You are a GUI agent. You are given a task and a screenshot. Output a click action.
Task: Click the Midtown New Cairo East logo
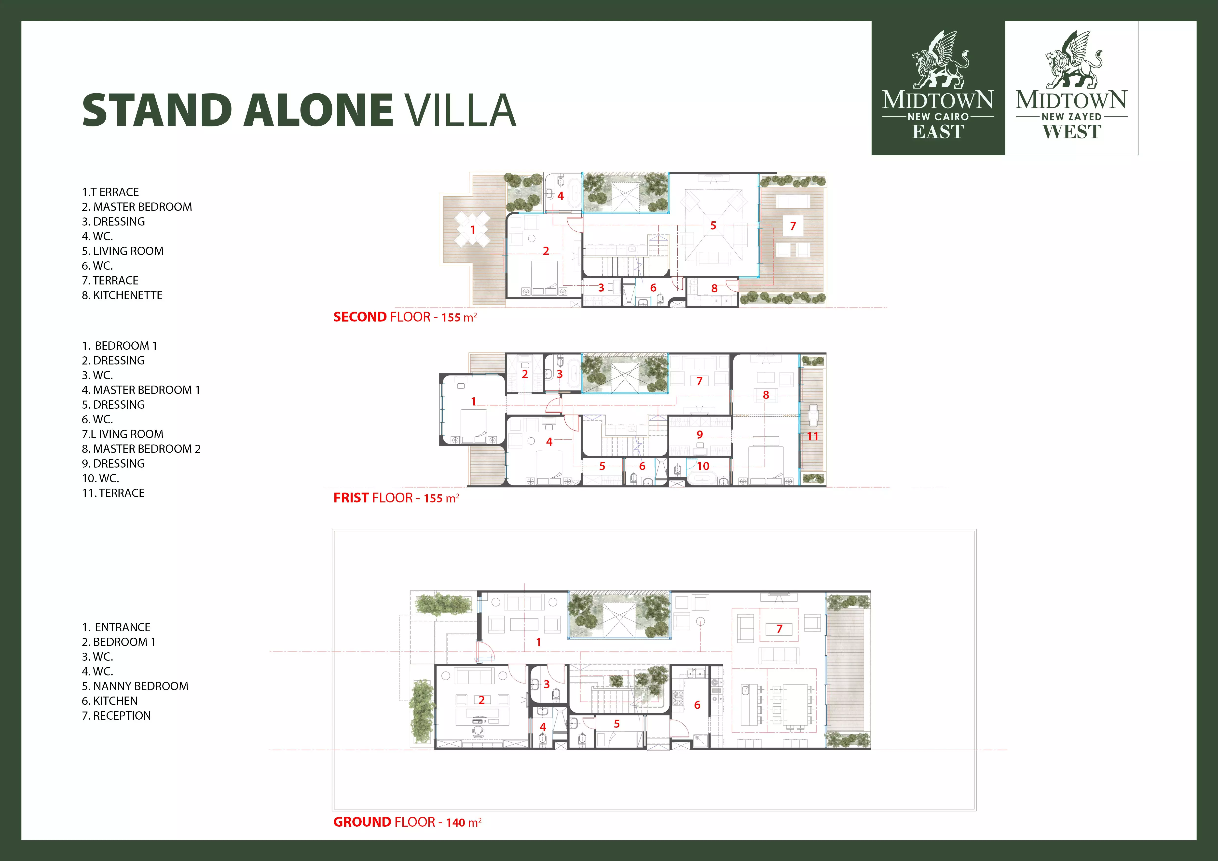pos(938,88)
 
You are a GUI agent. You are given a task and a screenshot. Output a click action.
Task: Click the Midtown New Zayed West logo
pos(1072,88)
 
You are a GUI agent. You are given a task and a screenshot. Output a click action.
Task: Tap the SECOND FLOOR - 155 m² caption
pos(405,317)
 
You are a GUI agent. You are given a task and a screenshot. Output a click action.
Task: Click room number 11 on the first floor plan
pos(812,436)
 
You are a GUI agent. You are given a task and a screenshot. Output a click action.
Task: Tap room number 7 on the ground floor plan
pos(779,629)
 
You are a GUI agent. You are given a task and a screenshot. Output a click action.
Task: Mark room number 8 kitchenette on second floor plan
pos(714,288)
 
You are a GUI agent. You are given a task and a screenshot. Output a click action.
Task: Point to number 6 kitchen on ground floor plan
pos(697,705)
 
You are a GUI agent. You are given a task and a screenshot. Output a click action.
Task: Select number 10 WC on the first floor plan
pos(703,466)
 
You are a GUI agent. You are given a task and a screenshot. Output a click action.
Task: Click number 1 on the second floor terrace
pos(473,229)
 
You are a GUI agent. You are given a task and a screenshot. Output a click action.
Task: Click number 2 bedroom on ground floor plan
pos(481,700)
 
